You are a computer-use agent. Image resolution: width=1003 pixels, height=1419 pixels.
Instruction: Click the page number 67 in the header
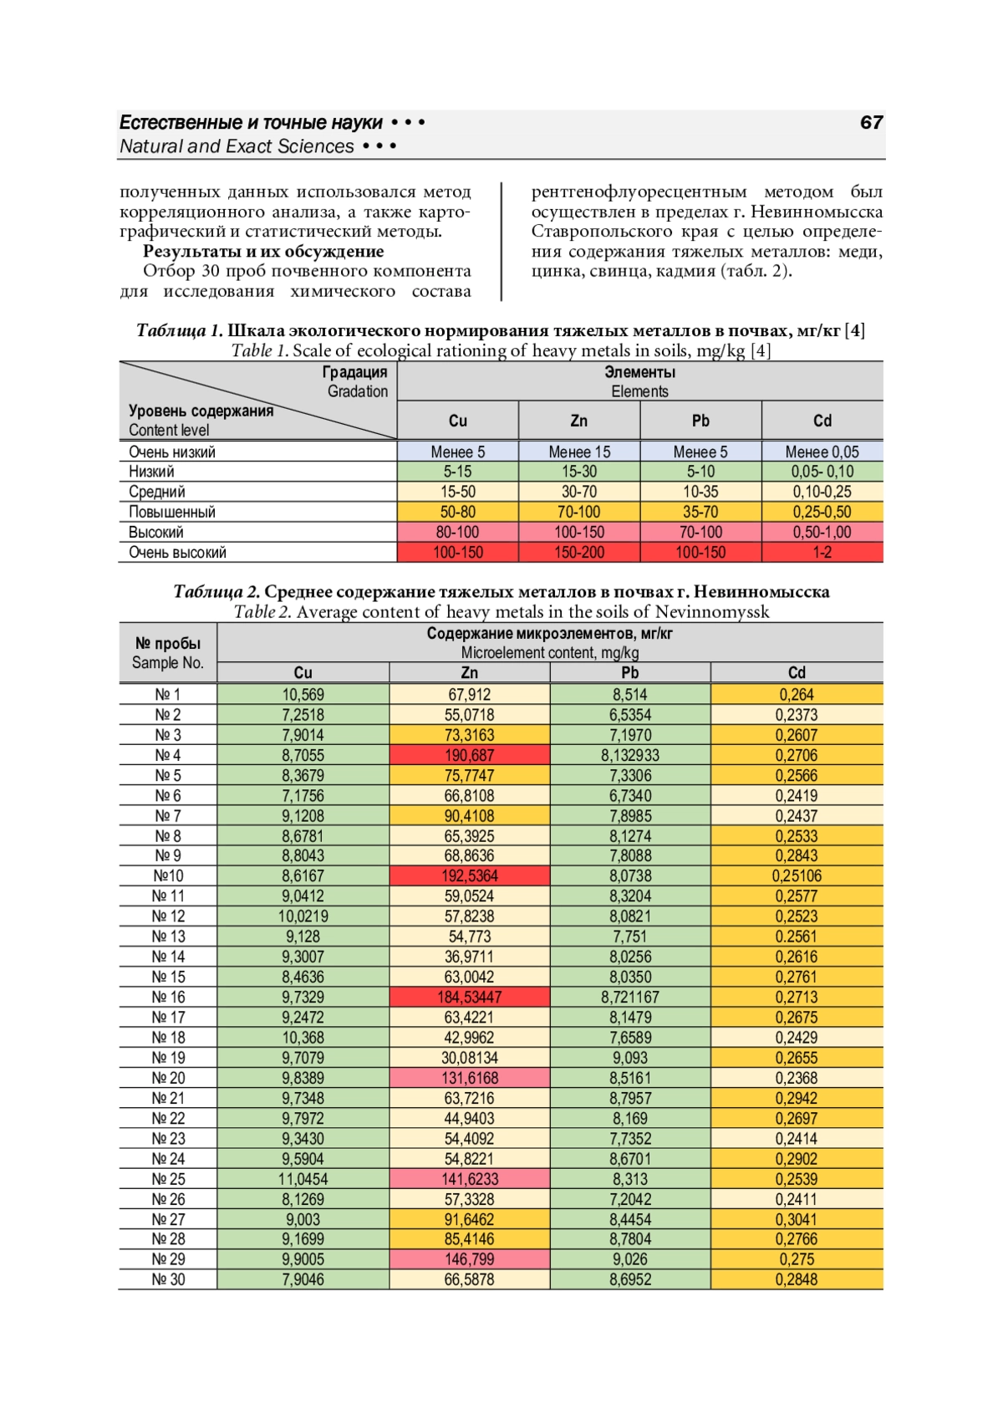pos(871,123)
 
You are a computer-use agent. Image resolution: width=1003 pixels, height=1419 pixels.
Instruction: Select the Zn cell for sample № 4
pos(469,755)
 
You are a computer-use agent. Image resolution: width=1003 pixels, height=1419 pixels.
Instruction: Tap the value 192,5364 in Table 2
pos(469,876)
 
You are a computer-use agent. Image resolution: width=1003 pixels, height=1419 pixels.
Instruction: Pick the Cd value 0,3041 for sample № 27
pos(796,1219)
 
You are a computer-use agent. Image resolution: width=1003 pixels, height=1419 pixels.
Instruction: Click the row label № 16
pos(168,998)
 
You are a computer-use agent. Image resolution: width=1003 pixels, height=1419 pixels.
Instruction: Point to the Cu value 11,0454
pos(303,1179)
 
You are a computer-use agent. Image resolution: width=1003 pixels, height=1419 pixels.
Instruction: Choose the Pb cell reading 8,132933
pos(629,755)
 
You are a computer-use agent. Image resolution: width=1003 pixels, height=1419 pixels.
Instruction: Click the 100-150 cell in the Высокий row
pos(578,533)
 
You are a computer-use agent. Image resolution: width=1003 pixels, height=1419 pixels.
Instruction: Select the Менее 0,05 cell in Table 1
pos(822,452)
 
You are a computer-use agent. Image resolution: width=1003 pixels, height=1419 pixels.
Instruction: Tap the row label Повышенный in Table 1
pos(172,512)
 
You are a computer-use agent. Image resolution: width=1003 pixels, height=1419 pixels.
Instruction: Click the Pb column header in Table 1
pos(700,421)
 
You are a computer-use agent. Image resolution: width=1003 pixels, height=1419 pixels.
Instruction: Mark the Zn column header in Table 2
pos(469,673)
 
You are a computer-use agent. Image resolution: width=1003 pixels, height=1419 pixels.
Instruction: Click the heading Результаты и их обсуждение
pos(263,252)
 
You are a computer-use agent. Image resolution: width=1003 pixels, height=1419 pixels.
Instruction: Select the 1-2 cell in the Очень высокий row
pos(822,553)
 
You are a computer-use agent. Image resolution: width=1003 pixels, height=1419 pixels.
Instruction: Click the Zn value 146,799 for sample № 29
pos(469,1259)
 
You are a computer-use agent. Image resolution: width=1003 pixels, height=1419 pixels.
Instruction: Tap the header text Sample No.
pos(168,663)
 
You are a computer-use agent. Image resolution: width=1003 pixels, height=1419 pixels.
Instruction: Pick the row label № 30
pos(168,1279)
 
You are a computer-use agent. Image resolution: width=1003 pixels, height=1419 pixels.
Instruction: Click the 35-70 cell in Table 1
pos(700,512)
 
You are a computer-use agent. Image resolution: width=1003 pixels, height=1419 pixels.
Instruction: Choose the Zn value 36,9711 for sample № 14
pos(469,957)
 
